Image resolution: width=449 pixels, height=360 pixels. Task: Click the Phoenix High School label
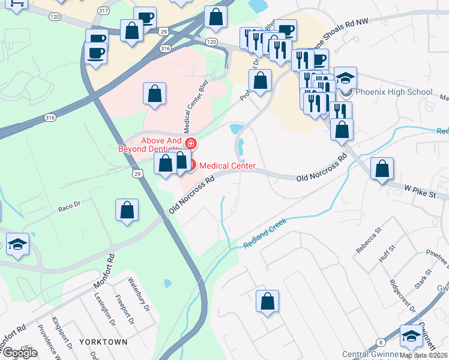click(394, 92)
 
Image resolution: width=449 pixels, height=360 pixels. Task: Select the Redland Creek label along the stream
click(265, 234)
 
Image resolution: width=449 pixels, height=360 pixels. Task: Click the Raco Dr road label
click(70, 209)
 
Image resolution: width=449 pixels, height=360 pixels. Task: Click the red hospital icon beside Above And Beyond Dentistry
click(191, 143)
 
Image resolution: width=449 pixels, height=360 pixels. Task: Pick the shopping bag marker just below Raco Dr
click(127, 211)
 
